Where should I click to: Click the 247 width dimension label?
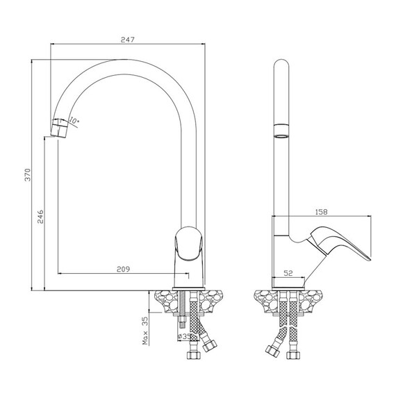pyautogui.click(x=128, y=40)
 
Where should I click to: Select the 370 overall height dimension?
pyautogui.click(x=28, y=175)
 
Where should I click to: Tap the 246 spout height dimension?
pyautogui.click(x=40, y=217)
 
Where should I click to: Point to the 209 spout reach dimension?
pyautogui.click(x=123, y=270)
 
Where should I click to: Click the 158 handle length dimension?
pyautogui.click(x=321, y=212)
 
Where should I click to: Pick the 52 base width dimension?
pyautogui.click(x=288, y=273)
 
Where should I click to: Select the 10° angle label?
pyautogui.click(x=74, y=120)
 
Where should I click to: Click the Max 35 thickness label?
pyautogui.click(x=145, y=331)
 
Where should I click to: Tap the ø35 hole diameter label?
pyautogui.click(x=184, y=336)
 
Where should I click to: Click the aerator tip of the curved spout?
pyautogui.click(x=60, y=128)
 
